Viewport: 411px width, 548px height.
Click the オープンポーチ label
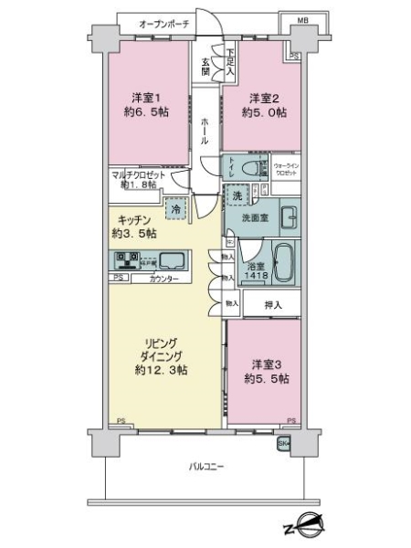click(152, 24)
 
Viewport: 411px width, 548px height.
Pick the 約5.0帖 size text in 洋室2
click(265, 116)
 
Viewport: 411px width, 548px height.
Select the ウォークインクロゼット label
click(290, 169)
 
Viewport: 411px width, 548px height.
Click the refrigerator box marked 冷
click(174, 209)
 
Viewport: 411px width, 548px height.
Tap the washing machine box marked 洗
click(236, 197)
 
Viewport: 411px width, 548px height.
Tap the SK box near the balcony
click(283, 444)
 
